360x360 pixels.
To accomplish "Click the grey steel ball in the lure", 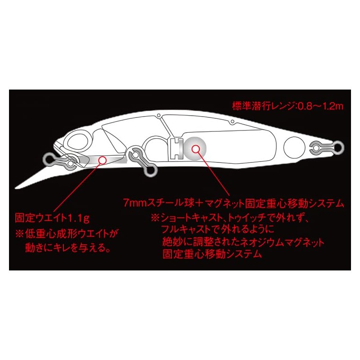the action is [x=195, y=149].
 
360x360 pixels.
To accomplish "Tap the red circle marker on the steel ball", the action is [x=195, y=149].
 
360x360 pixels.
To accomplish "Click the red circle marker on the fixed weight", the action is [x=103, y=160].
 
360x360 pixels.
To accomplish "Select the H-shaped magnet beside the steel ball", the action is [x=177, y=149].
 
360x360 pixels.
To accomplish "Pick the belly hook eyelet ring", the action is [x=152, y=171].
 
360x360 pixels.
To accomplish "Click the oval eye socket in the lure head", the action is [x=78, y=141].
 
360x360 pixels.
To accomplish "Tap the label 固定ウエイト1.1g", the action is [x=52, y=218].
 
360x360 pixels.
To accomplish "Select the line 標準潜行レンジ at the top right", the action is [x=265, y=107].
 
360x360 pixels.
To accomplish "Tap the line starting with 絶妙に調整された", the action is [x=243, y=242].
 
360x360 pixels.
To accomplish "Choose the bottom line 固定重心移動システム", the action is [x=212, y=254].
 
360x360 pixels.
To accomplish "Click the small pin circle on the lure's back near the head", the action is [x=158, y=115].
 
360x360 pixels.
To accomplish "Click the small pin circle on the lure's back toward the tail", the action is [x=232, y=121].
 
